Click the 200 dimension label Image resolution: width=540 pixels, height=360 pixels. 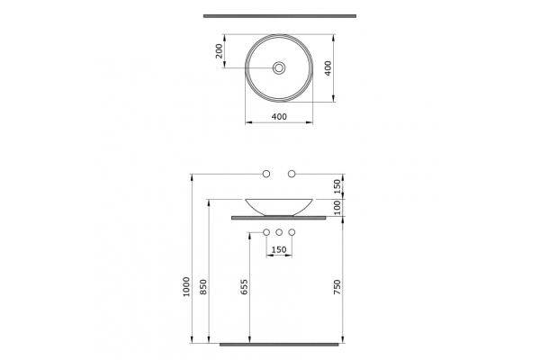[x=219, y=51]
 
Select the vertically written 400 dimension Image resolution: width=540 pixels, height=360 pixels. [x=328, y=68]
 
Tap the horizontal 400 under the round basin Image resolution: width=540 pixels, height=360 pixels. [x=279, y=117]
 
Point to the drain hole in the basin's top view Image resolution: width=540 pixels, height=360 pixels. [x=279, y=67]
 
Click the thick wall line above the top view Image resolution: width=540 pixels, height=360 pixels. [x=280, y=16]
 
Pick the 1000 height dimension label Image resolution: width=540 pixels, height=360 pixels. [x=186, y=286]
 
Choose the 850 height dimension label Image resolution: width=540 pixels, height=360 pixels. [x=203, y=286]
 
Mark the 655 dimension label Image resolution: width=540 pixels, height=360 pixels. [x=244, y=286]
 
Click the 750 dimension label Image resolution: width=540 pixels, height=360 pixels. [x=337, y=287]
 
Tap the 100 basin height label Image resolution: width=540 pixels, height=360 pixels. [x=337, y=207]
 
